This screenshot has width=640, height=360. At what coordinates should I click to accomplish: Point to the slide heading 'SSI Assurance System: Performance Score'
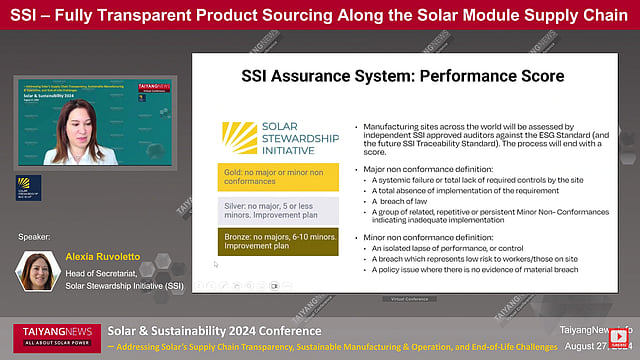[x=403, y=76]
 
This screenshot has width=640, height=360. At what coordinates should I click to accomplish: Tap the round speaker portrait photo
[x=37, y=271]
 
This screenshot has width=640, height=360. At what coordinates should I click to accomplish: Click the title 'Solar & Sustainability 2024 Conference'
[x=214, y=331]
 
